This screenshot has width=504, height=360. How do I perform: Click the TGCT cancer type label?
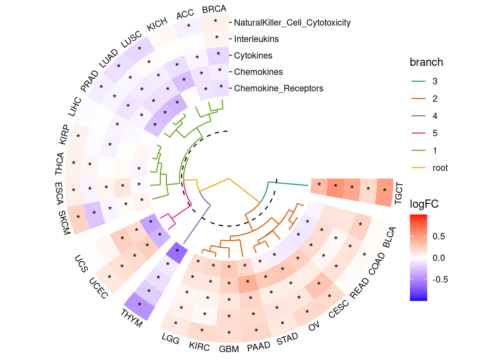(x=399, y=193)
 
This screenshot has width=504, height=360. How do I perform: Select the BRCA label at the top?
(x=214, y=9)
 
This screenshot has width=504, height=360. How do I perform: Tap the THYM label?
(x=132, y=318)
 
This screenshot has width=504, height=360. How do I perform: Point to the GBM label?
(x=229, y=349)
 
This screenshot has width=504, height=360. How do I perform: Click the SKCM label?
(x=64, y=222)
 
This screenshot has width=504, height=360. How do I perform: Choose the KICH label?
(x=157, y=25)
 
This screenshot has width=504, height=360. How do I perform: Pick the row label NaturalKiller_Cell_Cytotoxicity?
(x=292, y=23)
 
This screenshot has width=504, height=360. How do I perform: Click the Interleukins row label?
(x=256, y=39)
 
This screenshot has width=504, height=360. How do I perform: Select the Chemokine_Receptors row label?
(x=278, y=88)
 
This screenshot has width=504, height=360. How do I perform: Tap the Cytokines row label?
(x=253, y=55)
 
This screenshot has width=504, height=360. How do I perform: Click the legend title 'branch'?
(x=426, y=62)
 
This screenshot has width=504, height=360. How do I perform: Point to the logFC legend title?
(x=424, y=204)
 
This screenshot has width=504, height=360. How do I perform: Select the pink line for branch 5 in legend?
(x=418, y=133)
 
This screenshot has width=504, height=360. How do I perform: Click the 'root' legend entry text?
(x=440, y=168)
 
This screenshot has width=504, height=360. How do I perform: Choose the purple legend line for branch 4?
(x=418, y=116)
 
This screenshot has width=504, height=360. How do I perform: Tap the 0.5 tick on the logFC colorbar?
(x=439, y=236)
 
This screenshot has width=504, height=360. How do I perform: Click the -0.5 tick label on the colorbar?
(x=440, y=279)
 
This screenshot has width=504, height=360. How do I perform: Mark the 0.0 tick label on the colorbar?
(x=439, y=258)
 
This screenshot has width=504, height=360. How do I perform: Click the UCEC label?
(x=99, y=288)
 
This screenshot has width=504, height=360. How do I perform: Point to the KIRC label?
(x=199, y=346)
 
